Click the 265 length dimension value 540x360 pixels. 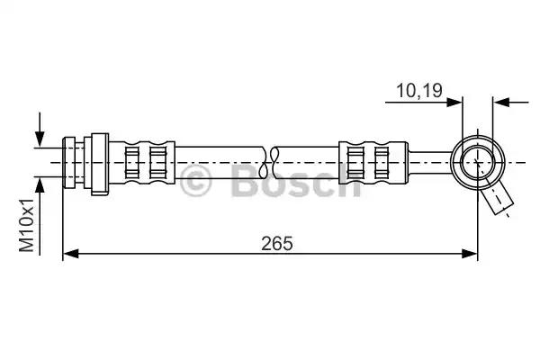(x=277, y=244)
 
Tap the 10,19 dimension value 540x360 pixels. (x=419, y=91)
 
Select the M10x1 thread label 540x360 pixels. (x=26, y=225)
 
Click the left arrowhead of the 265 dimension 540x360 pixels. (x=70, y=254)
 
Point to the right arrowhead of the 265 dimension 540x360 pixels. (x=470, y=254)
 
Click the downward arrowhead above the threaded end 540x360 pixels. (x=40, y=139)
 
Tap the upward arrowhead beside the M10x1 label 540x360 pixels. (x=40, y=186)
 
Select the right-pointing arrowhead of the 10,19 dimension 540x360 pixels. (x=454, y=103)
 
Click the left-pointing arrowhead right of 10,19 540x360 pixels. (x=500, y=103)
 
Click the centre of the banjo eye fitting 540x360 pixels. (x=478, y=162)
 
